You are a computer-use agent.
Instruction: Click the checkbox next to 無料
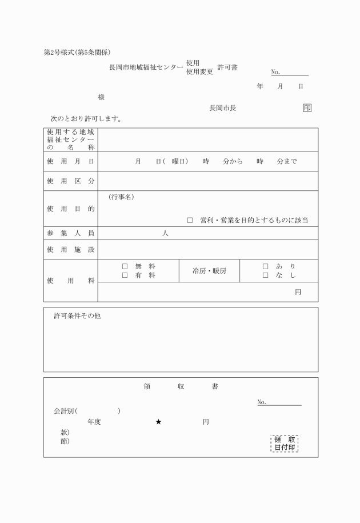[x=125, y=266]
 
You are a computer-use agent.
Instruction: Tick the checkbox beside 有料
[x=125, y=276]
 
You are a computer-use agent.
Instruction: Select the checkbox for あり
[x=265, y=266]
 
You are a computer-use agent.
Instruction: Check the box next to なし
[x=265, y=276]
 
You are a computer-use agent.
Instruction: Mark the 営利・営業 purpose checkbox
[x=190, y=220]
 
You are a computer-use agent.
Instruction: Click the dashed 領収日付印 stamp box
[x=285, y=444]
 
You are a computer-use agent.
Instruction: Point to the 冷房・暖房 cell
[x=209, y=271]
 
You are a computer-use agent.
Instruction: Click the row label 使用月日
[x=70, y=162]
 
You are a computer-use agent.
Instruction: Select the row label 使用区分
[x=70, y=181]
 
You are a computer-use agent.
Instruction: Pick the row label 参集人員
[x=70, y=233]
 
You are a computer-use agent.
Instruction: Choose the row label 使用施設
[x=70, y=250]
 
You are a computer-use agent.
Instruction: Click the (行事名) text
[x=121, y=198]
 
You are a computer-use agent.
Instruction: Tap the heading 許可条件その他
[x=77, y=316]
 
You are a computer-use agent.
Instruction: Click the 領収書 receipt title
[x=180, y=387]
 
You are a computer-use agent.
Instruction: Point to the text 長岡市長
[x=223, y=108]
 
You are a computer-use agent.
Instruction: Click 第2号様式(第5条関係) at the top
[x=81, y=53]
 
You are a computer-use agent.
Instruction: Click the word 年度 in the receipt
[x=94, y=422]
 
